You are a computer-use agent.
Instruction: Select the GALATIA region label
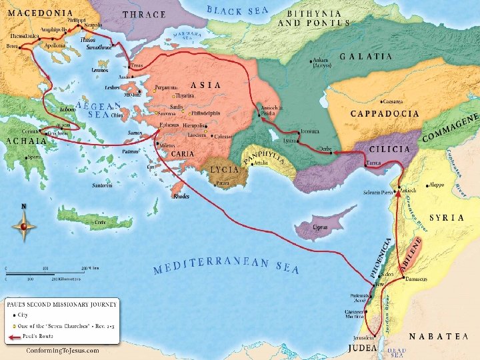[x=366, y=57]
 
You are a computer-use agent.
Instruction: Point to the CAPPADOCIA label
[x=385, y=113]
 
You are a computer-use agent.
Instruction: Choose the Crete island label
[x=100, y=221]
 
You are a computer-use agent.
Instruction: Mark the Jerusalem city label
[x=364, y=338]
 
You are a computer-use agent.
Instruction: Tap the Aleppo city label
[x=437, y=183]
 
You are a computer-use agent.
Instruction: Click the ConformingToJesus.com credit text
[x=62, y=350]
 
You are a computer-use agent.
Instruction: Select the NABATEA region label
[x=437, y=337]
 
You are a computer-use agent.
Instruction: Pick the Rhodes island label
[x=181, y=197]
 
